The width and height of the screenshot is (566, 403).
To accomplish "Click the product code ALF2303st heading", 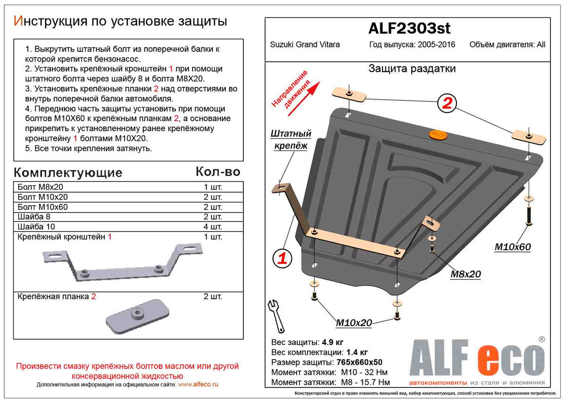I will click(x=409, y=29).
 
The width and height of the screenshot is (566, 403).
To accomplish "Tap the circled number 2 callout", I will click(x=446, y=103).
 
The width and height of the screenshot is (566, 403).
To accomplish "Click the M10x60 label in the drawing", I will click(x=513, y=247).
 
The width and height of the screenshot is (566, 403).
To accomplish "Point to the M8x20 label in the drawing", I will click(x=465, y=274).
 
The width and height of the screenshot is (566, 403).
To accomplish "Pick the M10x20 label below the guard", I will click(x=354, y=323).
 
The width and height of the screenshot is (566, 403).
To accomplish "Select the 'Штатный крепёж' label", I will click(x=290, y=140).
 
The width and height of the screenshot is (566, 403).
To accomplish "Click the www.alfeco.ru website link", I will click(x=199, y=385).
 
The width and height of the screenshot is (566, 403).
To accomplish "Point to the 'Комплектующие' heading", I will click(x=68, y=173).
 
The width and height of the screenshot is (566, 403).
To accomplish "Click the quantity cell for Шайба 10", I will click(x=212, y=227).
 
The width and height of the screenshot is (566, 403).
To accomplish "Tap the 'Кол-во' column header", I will click(x=218, y=172).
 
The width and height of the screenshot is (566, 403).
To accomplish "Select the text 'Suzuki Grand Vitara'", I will click(x=305, y=45).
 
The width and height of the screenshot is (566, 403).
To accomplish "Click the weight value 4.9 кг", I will click(x=333, y=342).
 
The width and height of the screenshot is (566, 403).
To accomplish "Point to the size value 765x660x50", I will click(x=359, y=362).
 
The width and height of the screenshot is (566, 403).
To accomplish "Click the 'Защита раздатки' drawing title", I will click(x=411, y=69).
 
